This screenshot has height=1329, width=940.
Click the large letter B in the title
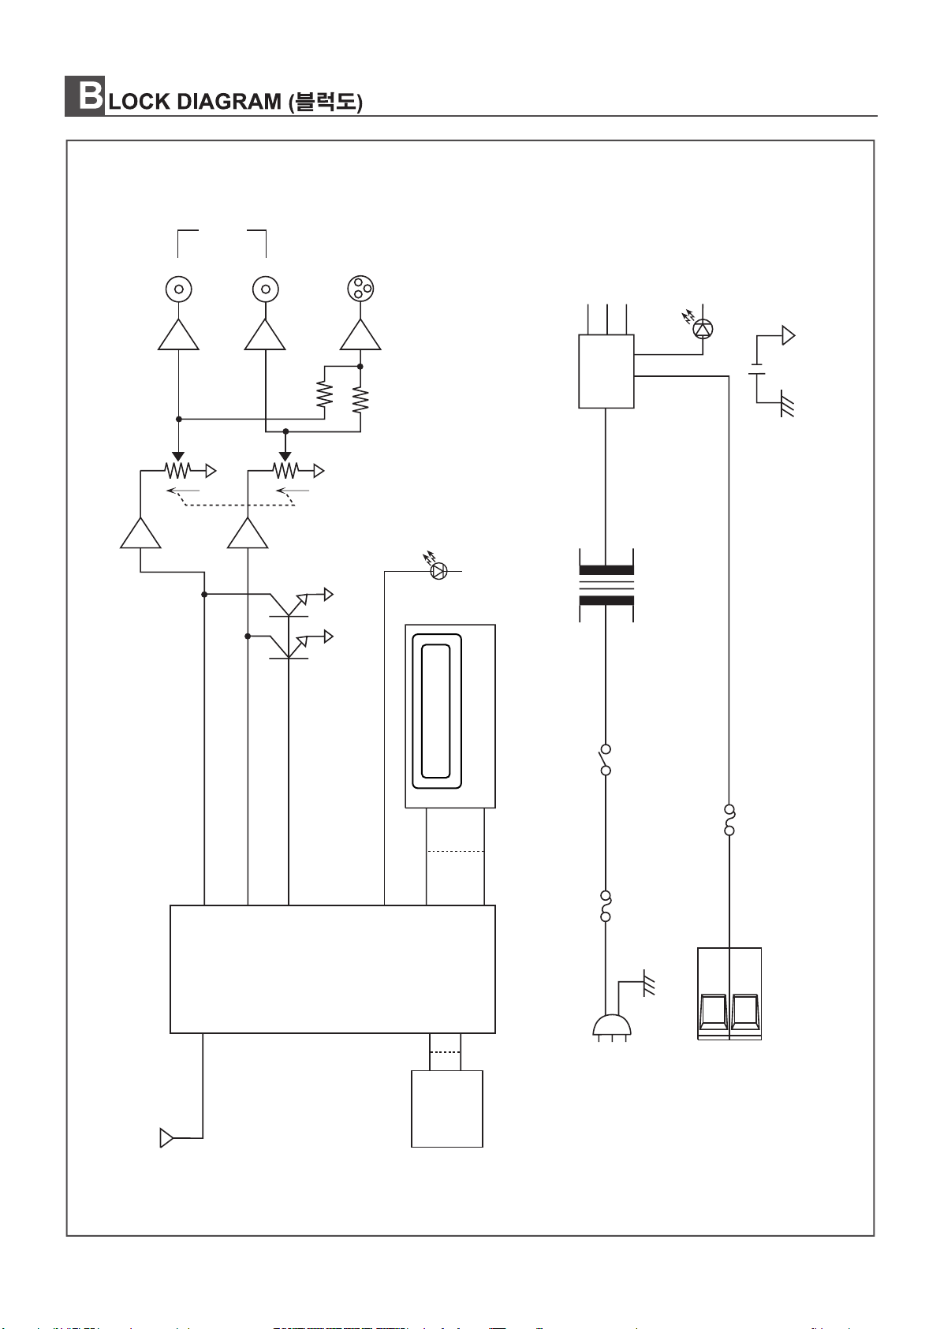[x=90, y=95]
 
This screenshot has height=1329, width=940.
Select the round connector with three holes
[x=360, y=289]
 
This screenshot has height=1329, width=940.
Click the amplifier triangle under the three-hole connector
[x=360, y=335]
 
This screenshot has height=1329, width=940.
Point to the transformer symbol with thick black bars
[x=606, y=585]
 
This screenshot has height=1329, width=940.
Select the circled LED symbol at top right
[x=703, y=329]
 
